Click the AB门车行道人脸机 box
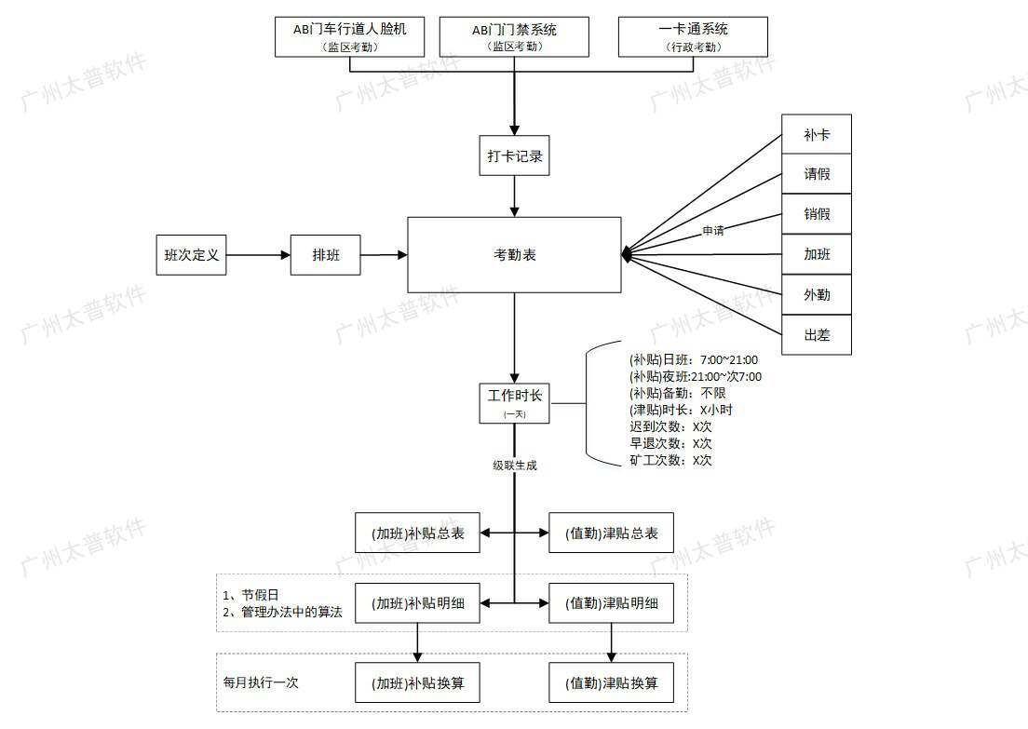pos(350,36)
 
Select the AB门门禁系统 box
pos(514,36)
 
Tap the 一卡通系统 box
pos(693,36)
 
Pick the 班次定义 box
pos(192,255)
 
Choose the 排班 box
pos(325,255)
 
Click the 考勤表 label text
pos(514,255)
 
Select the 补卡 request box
pos(817,135)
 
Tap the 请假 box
pos(817,174)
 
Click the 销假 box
pos(817,214)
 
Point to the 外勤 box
pos(817,295)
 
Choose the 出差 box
pos(817,335)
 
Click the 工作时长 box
pos(515,401)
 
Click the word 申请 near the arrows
pos(713,231)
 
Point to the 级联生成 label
pos(515,466)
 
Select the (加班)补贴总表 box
pos(418,533)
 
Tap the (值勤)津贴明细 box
pos(612,603)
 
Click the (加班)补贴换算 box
pos(418,683)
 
